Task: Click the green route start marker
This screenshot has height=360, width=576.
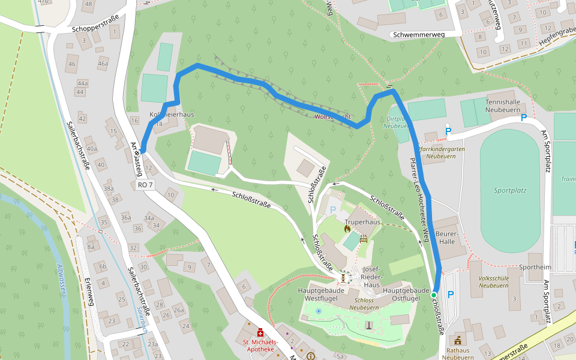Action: tap(433, 295)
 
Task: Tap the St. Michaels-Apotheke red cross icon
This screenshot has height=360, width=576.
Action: tap(260, 332)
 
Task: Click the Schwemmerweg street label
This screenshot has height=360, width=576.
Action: tap(418, 35)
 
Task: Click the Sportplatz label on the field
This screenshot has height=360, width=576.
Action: tap(510, 190)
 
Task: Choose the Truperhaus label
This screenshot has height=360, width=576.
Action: tap(364, 222)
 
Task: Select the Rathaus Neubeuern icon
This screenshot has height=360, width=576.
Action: tap(459, 341)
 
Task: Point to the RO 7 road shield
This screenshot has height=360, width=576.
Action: tap(145, 185)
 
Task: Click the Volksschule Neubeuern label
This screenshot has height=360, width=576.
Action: tap(493, 281)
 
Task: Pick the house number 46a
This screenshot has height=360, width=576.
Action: tap(103, 64)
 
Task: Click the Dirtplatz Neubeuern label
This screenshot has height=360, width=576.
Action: tap(396, 122)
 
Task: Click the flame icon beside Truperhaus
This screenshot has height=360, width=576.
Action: tap(347, 228)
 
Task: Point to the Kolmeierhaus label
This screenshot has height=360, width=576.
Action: tap(172, 115)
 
